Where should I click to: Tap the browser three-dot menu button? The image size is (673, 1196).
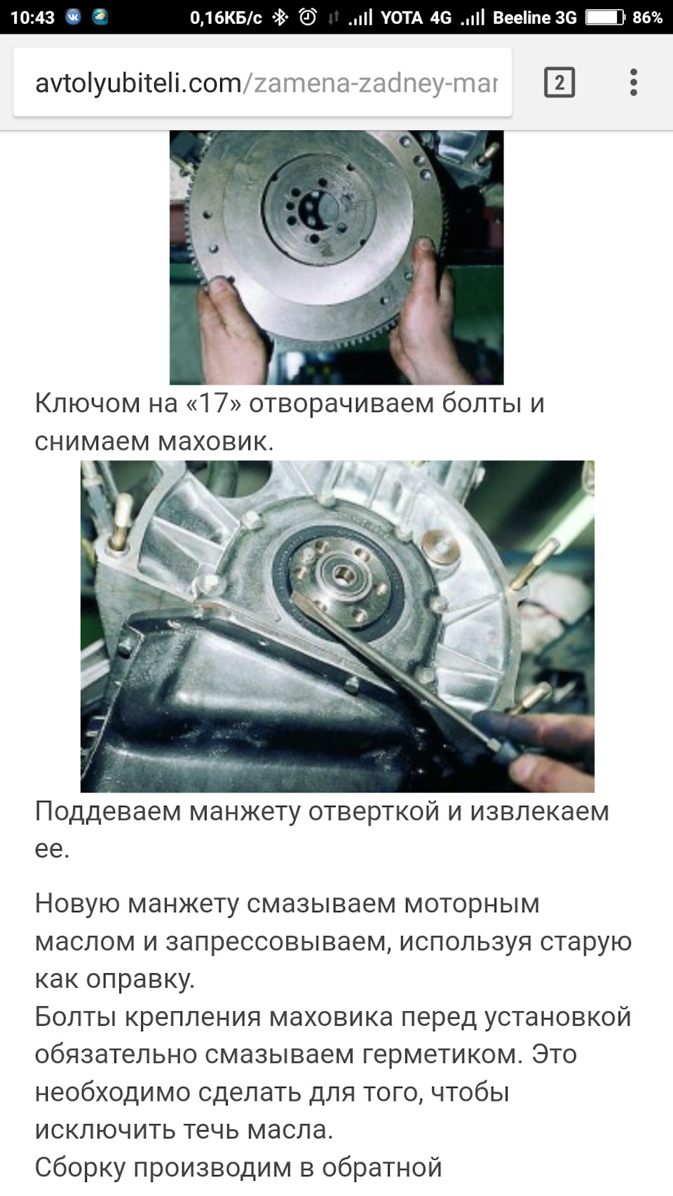(634, 83)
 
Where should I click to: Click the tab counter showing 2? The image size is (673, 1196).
(559, 83)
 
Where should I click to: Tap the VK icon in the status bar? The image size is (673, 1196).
(73, 18)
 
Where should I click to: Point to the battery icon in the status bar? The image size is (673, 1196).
(605, 18)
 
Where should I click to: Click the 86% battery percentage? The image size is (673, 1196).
(647, 18)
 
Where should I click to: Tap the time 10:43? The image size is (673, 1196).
(32, 18)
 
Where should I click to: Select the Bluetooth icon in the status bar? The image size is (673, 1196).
(280, 18)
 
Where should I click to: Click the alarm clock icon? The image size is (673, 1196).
(308, 18)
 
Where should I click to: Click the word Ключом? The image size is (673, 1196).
(88, 403)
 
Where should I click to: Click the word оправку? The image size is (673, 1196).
(140, 980)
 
